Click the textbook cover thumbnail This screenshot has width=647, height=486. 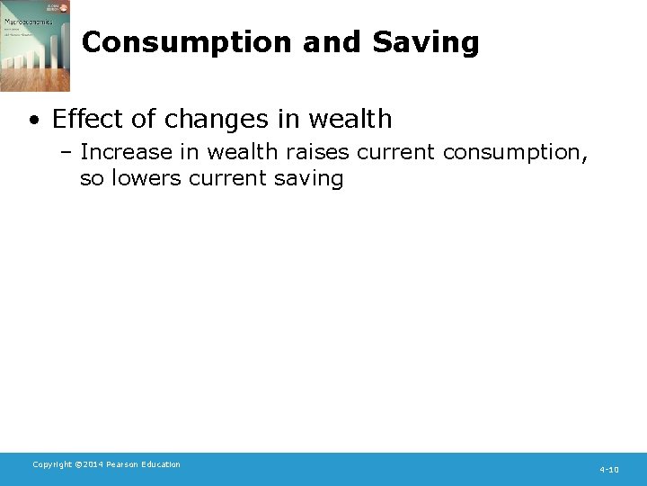34,46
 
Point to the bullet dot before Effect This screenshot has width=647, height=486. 33,120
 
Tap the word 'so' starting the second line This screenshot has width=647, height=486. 91,178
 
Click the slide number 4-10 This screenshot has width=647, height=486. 609,470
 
